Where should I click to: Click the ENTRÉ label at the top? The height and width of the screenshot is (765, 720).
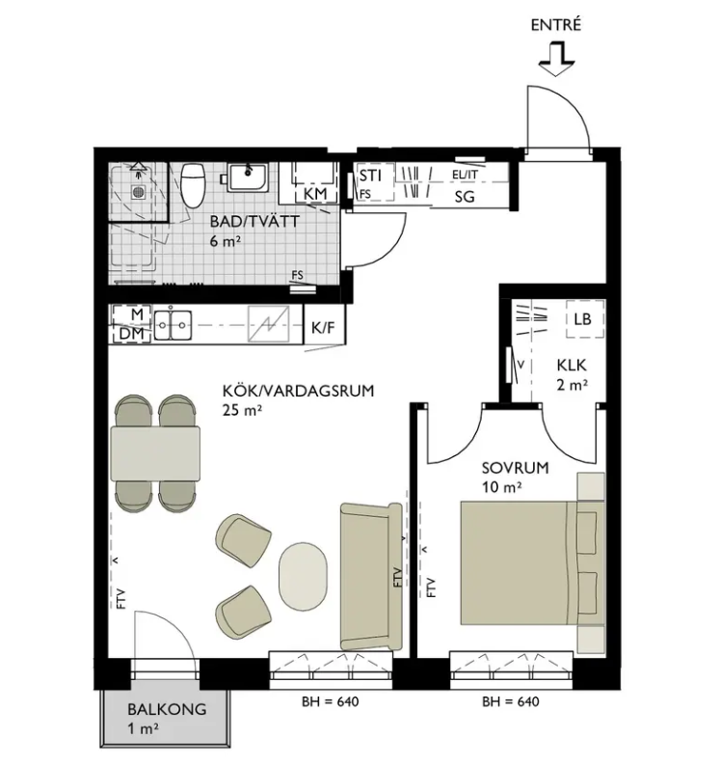point(556,25)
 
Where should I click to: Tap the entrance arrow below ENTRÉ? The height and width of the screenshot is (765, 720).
point(557,59)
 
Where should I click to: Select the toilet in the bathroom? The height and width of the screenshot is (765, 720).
point(193,186)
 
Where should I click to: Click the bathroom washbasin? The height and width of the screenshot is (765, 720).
point(248,178)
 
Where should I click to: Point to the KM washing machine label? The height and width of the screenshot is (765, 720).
point(315,194)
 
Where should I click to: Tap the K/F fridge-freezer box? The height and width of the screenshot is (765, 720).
point(324,327)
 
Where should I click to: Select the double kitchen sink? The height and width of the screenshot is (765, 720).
point(173,324)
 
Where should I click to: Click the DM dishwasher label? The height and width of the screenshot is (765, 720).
point(132,334)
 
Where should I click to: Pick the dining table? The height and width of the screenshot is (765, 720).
point(155,453)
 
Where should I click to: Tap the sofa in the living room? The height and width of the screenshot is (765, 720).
point(371,577)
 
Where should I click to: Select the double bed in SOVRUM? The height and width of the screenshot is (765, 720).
point(532,562)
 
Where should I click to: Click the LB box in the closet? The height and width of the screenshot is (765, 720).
point(585,318)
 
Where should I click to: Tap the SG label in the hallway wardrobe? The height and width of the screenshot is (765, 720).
point(465,197)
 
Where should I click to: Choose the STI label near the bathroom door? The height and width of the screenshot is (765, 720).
point(370,176)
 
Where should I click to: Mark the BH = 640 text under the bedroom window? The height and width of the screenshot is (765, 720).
point(511,701)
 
